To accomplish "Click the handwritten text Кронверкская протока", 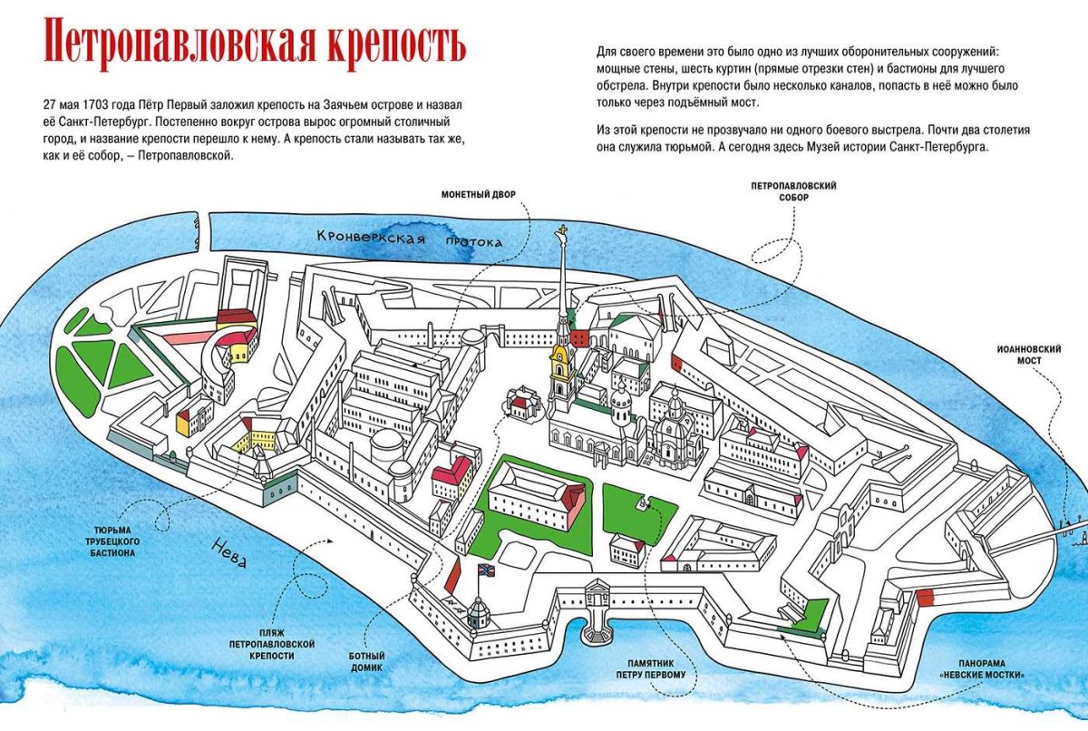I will (x=409, y=239).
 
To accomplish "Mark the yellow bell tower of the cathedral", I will (x=560, y=367).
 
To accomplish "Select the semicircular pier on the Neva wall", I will (x=597, y=624).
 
